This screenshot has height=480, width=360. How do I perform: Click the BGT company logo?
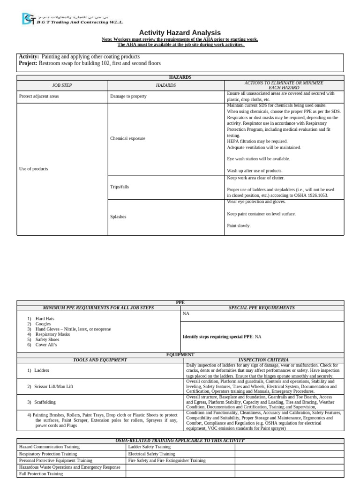(28, 18)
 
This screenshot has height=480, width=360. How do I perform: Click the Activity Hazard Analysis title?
(180, 32)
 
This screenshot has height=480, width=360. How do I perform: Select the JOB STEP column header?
(62, 85)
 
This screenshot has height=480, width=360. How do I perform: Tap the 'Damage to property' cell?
(128, 96)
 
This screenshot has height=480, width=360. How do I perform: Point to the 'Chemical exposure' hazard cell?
(127, 138)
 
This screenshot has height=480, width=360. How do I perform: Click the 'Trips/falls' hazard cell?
(120, 187)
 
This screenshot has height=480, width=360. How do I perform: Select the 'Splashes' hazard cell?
(118, 217)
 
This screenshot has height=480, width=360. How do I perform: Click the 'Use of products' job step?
(33, 169)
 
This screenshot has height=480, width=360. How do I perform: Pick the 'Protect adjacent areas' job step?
(39, 96)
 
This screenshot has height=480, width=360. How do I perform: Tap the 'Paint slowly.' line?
(239, 225)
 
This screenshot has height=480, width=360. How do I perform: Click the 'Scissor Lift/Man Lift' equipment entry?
(53, 386)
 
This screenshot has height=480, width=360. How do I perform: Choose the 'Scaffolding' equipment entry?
(45, 402)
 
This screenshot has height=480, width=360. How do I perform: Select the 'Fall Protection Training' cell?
(41, 474)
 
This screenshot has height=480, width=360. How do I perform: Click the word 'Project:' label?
(28, 63)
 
